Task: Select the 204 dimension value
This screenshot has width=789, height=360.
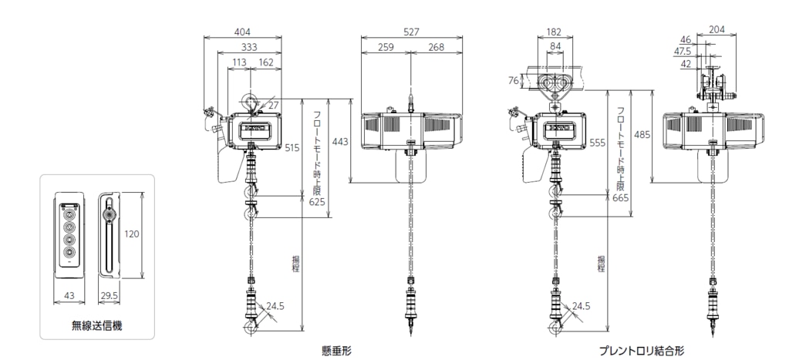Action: tap(717, 29)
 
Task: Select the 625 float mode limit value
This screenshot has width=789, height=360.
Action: tap(318, 202)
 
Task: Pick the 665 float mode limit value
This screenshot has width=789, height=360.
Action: tap(622, 198)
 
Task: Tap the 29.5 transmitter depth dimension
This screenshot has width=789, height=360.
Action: tap(109, 296)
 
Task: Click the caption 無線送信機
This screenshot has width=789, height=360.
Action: tap(96, 325)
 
